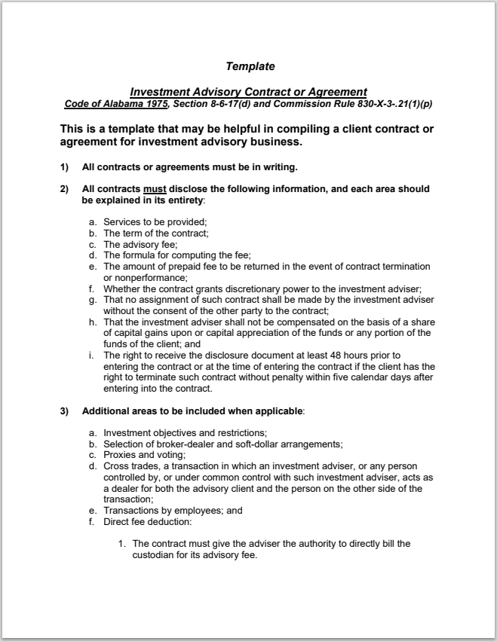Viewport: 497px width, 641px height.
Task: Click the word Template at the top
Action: pyautogui.click(x=250, y=67)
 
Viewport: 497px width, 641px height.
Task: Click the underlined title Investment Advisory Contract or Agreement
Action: pyautogui.click(x=248, y=92)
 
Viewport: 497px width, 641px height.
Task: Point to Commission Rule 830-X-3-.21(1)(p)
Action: pyautogui.click(x=364, y=102)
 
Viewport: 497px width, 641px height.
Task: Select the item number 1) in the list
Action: pyautogui.click(x=64, y=166)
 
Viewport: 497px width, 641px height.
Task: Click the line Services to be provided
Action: pyautogui.click(x=155, y=222)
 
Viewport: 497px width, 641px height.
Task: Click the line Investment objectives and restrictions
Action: pyautogui.click(x=185, y=432)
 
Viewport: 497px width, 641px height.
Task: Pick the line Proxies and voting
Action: pyautogui.click(x=143, y=455)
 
